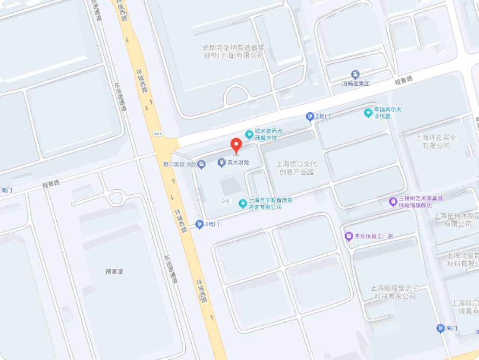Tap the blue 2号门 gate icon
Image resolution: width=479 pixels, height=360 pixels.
pos(310,116)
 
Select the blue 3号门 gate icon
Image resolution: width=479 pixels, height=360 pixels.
pos(199,224)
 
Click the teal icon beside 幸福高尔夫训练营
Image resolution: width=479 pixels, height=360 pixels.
pos(368,113)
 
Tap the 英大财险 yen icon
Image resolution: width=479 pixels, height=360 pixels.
pos(221,162)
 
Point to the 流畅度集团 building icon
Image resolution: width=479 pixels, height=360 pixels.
pos(355,74)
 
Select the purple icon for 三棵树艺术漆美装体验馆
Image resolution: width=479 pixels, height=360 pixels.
pos(393,202)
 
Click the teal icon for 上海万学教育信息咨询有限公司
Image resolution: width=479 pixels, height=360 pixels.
pos(243,203)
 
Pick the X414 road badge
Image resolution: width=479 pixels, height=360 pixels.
pos(158,133)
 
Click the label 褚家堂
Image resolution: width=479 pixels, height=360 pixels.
pos(114,271)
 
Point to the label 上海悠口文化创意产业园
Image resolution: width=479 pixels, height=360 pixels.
pos(296,168)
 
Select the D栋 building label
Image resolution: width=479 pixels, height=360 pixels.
pos(226,201)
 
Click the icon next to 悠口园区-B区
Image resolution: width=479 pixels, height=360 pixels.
pos(201,164)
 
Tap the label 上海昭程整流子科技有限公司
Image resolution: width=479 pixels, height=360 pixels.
pos(395,292)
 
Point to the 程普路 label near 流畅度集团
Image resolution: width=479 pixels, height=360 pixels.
pos(403,80)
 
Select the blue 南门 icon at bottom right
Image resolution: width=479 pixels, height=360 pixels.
pos(441,328)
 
